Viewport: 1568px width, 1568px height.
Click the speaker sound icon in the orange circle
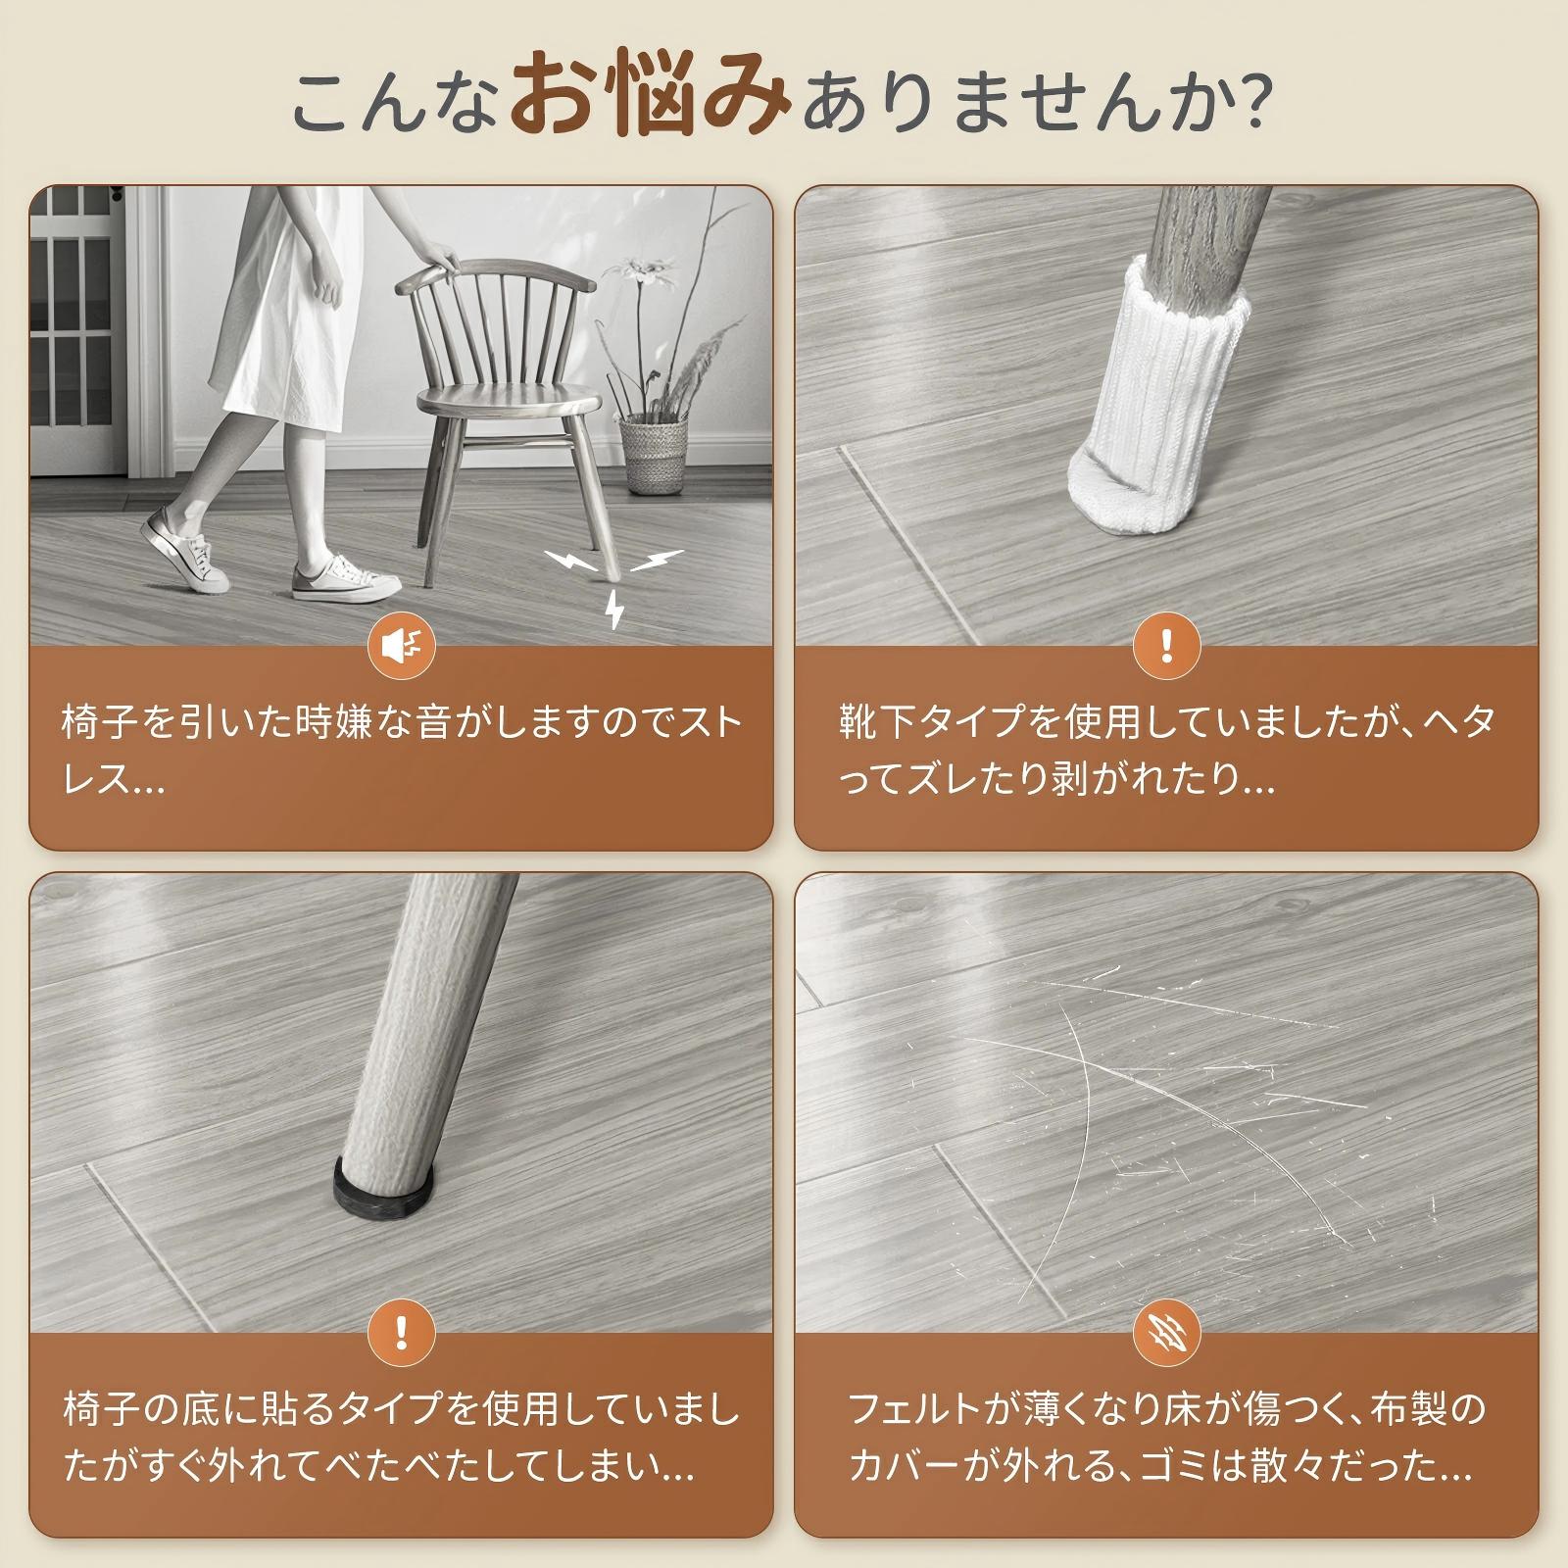(x=401, y=646)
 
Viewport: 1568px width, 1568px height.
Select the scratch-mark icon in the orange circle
(x=1166, y=1333)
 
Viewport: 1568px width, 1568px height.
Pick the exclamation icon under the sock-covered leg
(x=1166, y=646)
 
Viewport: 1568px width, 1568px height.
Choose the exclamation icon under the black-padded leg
(x=401, y=1333)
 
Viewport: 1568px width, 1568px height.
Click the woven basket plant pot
(x=654, y=454)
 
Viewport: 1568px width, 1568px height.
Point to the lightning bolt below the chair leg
(x=614, y=608)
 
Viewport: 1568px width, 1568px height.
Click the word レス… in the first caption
(x=113, y=781)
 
